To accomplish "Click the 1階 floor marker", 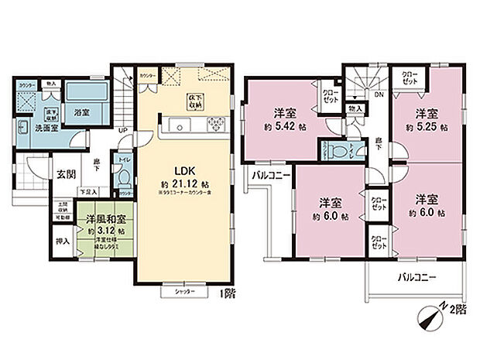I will tap(228, 293).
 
